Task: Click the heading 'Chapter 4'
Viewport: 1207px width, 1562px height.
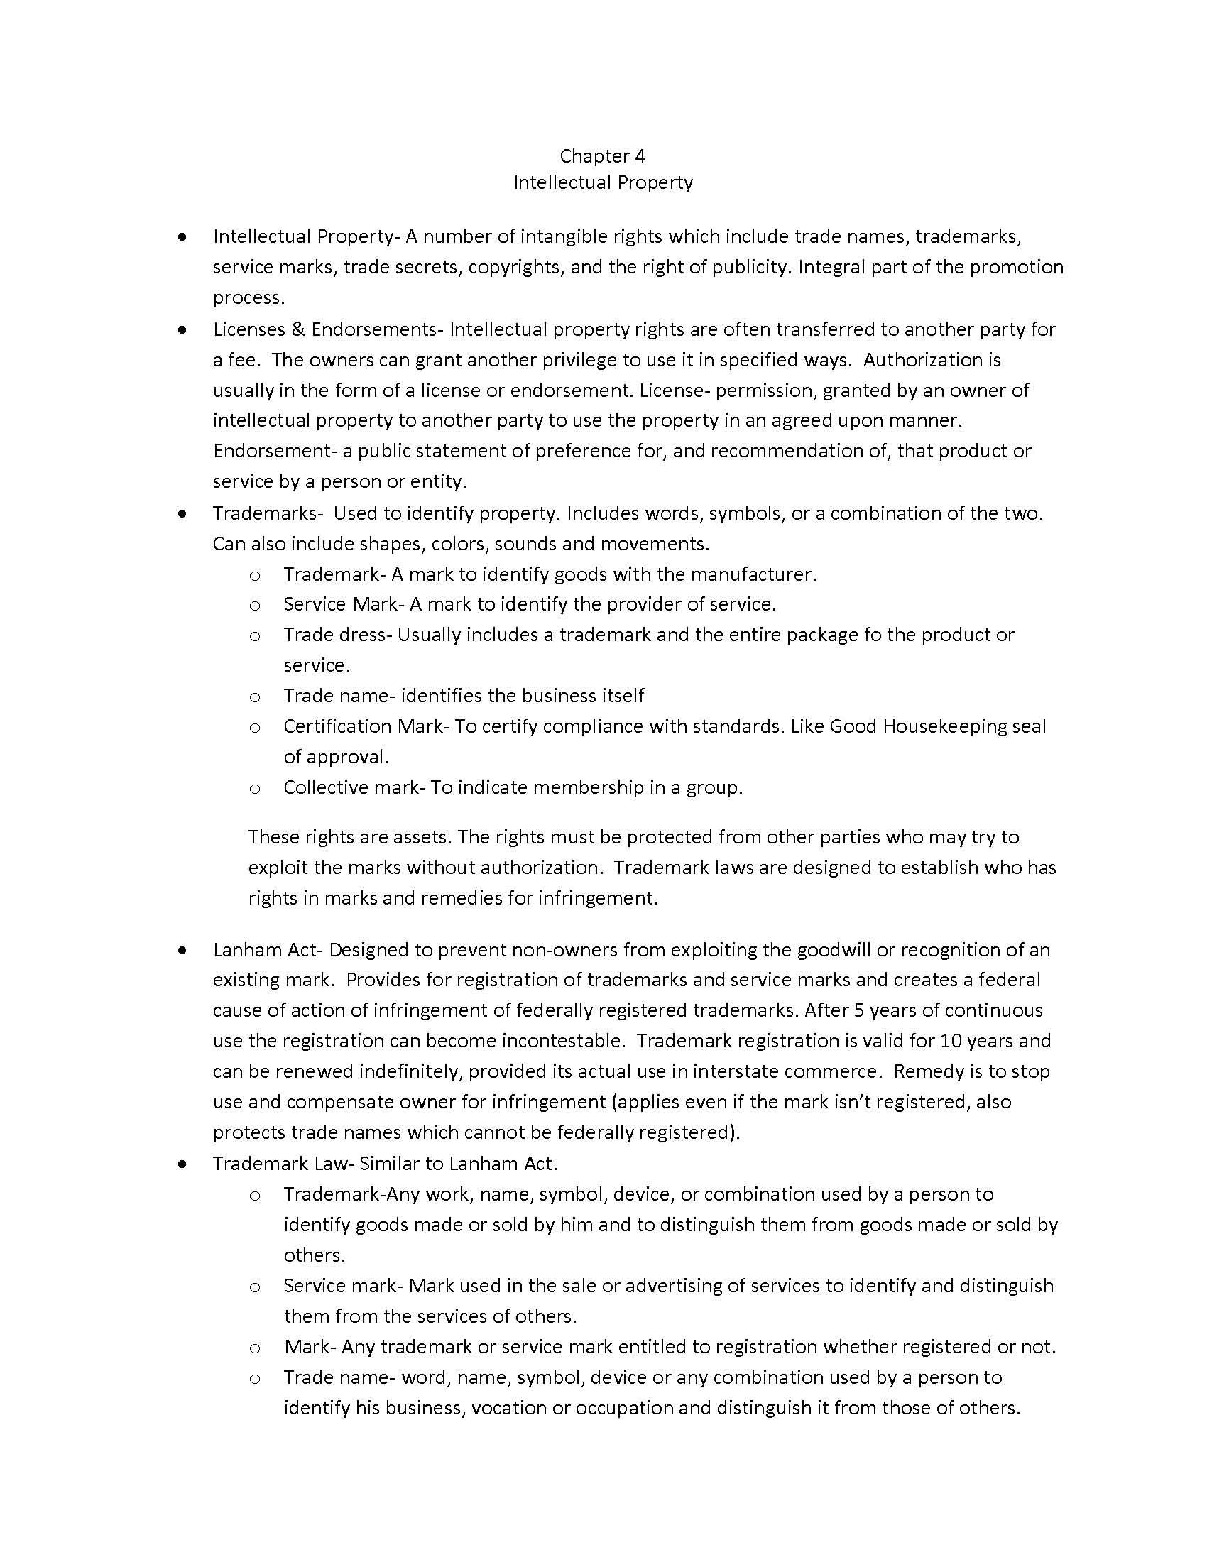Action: [602, 156]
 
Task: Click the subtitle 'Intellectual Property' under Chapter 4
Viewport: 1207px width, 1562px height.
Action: [603, 182]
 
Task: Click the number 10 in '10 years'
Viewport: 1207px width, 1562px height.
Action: [950, 1041]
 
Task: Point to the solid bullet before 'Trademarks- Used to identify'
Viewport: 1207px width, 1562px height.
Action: [183, 513]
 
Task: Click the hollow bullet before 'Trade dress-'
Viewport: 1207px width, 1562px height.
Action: [255, 636]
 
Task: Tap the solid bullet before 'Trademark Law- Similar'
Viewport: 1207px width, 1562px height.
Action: [183, 1164]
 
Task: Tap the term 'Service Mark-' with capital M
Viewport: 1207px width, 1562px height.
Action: [343, 605]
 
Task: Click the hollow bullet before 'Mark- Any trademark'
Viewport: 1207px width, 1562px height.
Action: [255, 1348]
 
